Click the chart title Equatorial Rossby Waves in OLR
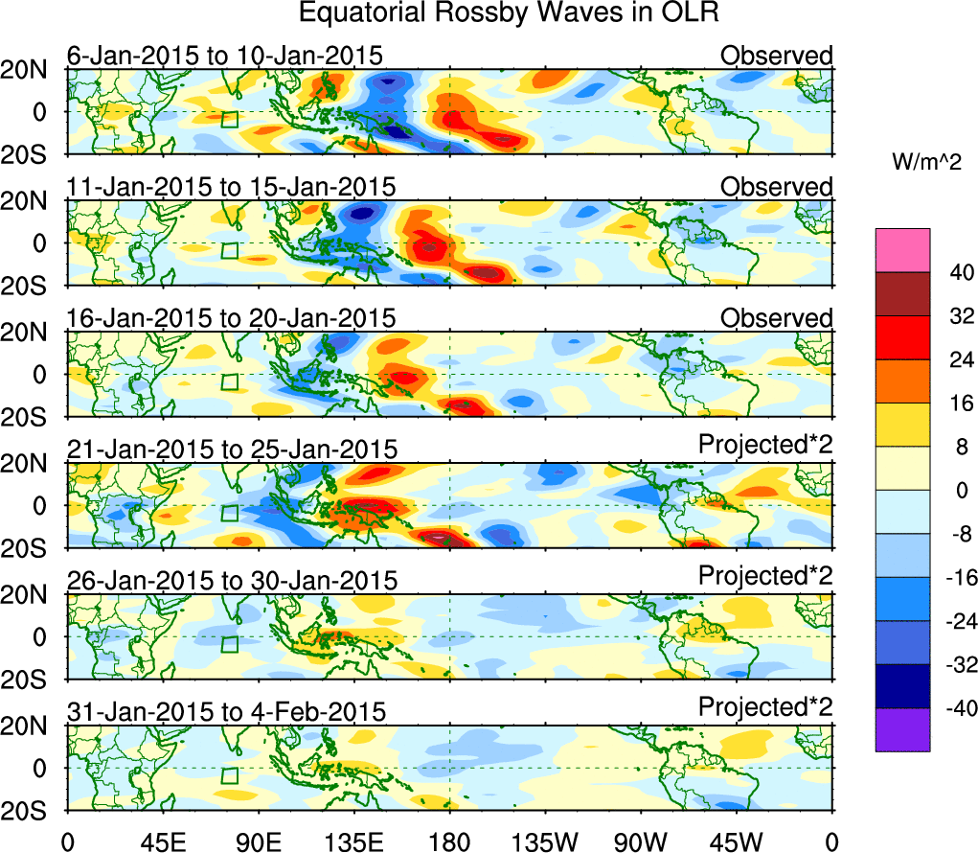tap(508, 13)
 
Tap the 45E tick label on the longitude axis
tap(161, 841)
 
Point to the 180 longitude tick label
tap(449, 841)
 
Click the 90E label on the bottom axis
tap(257, 841)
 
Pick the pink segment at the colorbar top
tap(901, 250)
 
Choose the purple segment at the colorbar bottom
tap(901, 729)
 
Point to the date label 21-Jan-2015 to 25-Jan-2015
tap(232, 449)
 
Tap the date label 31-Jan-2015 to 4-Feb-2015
tap(227, 711)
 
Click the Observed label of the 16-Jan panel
tap(777, 317)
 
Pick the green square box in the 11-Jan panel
tap(229, 251)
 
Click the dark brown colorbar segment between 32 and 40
tap(901, 293)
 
